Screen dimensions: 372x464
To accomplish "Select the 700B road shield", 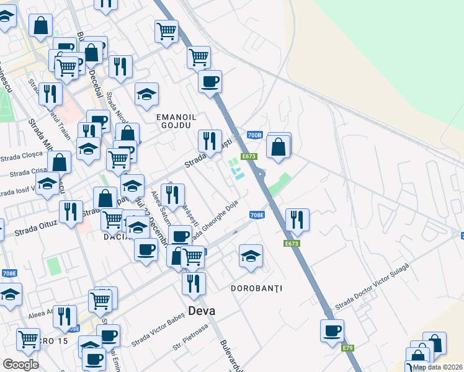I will point(254,135).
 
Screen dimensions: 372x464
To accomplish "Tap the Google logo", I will point(20,365).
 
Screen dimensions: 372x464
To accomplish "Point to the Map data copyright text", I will point(437,367).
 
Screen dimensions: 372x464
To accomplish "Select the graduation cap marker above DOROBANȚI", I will point(251,255).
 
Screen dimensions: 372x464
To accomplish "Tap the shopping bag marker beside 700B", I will point(279,147).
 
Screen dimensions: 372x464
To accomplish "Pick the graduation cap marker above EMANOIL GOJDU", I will point(147,94).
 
